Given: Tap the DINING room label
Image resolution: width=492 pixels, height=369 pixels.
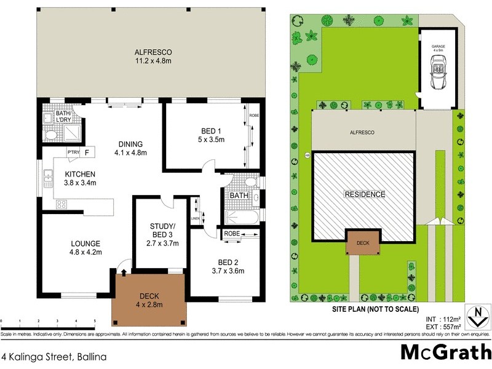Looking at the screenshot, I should point(130,148).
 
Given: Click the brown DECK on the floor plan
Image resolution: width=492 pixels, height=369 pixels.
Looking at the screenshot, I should point(148,299).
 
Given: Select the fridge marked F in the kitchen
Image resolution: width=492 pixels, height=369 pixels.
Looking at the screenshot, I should point(87,152).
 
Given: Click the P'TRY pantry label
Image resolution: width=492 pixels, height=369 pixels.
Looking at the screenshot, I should point(73,152).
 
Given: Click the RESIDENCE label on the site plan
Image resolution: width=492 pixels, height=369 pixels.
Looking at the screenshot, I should point(364,194).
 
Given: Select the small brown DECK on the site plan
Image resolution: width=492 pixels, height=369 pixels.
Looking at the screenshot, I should point(363,242).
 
